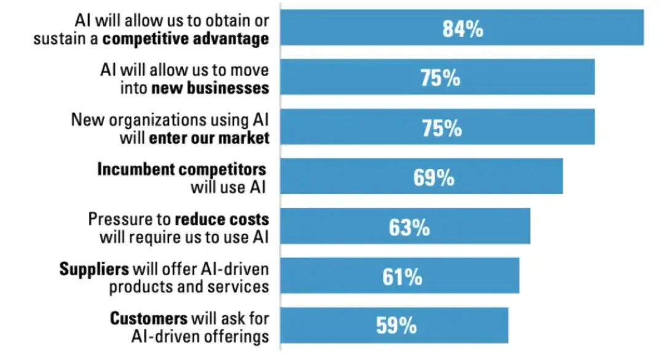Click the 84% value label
(463, 28)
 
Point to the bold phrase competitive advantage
(186, 39)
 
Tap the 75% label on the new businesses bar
(440, 78)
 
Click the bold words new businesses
(210, 88)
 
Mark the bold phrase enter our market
(209, 138)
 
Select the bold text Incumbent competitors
(181, 170)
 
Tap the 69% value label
(433, 178)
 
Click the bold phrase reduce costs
(222, 219)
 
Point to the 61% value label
(402, 276)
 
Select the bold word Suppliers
(94, 269)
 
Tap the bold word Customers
(148, 318)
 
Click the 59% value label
(397, 326)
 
